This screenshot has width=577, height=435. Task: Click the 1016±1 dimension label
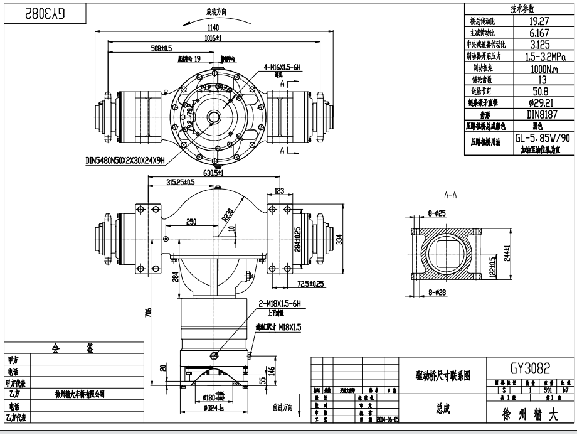click(213, 38)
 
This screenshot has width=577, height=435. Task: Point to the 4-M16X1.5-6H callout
click(283, 66)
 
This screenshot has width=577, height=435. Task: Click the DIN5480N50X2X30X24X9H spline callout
click(125, 161)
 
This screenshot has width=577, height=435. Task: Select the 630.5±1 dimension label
click(214, 172)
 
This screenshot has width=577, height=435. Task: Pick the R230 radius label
click(228, 216)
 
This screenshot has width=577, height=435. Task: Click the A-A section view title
click(450, 195)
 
